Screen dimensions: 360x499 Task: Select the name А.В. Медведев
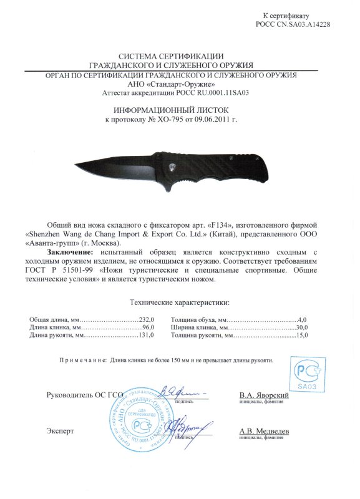point(263,430)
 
